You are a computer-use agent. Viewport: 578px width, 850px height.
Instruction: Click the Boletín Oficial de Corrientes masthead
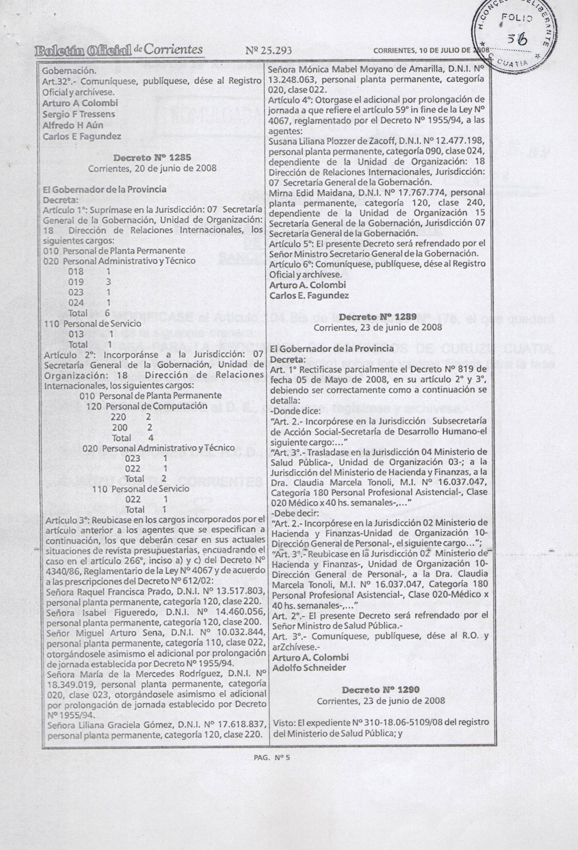[x=119, y=50]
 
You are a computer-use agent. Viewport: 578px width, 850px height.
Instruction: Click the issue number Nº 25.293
[x=269, y=51]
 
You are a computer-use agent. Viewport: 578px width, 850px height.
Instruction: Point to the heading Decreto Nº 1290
[x=380, y=689]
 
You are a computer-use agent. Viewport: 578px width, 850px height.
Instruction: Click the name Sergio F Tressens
[x=79, y=114]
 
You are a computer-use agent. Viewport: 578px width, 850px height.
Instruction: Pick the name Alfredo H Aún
[x=73, y=125]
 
